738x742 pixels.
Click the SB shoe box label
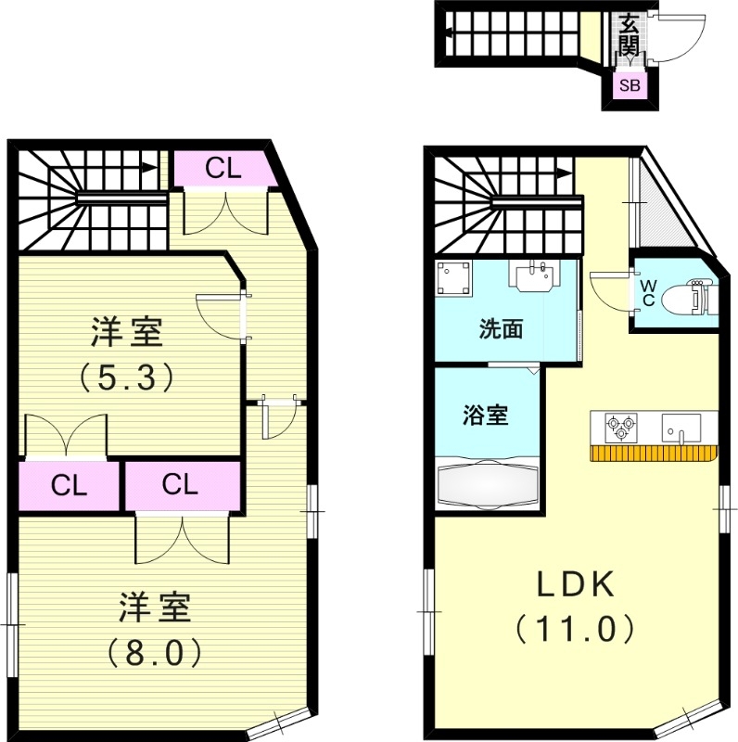[x=630, y=86]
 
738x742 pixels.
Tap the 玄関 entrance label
[x=630, y=35]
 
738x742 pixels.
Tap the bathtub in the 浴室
[x=486, y=484]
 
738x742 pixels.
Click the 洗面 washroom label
[x=501, y=328]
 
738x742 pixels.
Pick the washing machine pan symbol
[x=454, y=278]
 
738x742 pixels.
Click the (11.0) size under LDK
[x=575, y=630]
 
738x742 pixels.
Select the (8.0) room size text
[x=153, y=652]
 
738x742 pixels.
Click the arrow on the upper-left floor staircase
[x=148, y=169]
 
